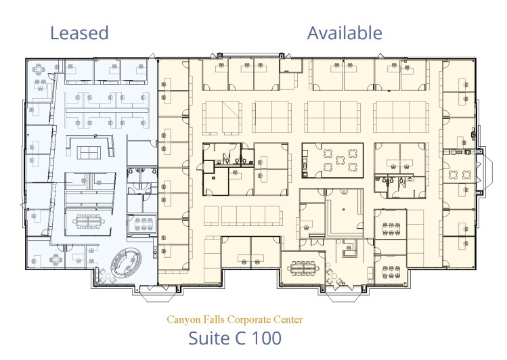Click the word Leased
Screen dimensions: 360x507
coord(79,32)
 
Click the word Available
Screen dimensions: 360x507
coord(345,32)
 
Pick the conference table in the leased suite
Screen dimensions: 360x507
coord(86,220)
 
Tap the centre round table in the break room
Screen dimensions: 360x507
coord(332,160)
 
